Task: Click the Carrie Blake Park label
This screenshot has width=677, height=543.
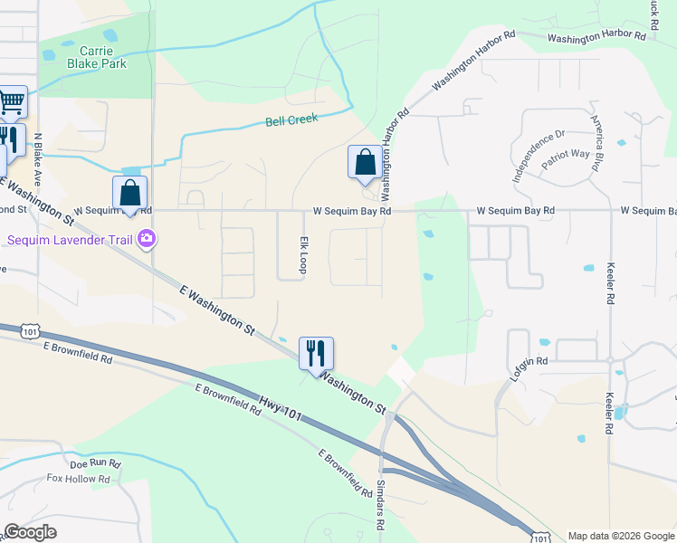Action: pos(96,56)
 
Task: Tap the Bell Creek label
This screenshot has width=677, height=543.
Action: pos(291,119)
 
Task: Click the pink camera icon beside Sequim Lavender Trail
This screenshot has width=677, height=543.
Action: pos(147,240)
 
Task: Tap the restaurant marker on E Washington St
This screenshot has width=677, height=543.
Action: pos(316,352)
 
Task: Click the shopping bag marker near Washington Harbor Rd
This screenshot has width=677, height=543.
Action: pos(364,163)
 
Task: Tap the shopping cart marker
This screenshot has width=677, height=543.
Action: pos(11,101)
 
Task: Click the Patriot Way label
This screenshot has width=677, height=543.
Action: pos(565,154)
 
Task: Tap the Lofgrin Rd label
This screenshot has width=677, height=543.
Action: pos(529,361)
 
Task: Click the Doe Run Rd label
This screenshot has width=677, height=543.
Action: pos(96,462)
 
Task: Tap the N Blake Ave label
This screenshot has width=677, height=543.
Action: pos(38,157)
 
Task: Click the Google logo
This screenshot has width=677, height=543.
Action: pos(31,532)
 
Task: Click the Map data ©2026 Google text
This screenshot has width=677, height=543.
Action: pos(620,536)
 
